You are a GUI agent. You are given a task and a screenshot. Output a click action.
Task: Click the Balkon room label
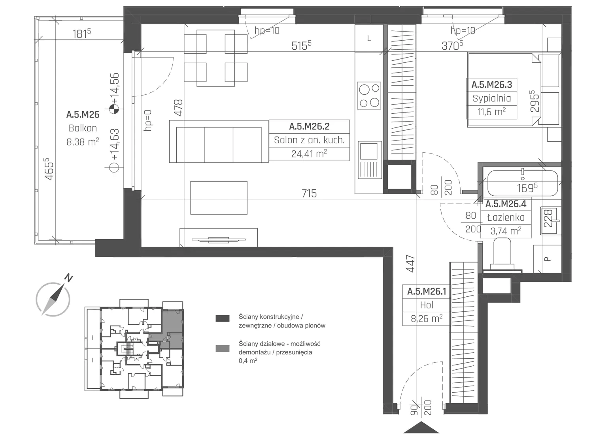[83, 128]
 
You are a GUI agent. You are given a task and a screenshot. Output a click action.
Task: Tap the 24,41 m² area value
[309, 154]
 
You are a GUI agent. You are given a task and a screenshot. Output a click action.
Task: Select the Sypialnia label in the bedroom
[492, 98]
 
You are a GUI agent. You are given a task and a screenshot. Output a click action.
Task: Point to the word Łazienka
[506, 217]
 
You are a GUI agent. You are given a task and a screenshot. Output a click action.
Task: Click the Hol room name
[427, 305]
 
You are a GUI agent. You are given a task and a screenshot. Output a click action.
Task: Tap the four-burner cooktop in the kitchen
[369, 95]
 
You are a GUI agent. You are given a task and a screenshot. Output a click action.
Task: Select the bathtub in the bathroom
[523, 183]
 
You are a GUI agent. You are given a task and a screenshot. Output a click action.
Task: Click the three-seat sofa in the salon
[219, 141]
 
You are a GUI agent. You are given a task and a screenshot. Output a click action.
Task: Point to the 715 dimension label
[309, 193]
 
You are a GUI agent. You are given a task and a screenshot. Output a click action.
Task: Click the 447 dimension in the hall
[410, 264]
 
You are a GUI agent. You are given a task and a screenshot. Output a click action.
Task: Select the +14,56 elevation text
[114, 88]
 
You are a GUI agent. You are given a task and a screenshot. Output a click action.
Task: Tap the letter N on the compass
[69, 278]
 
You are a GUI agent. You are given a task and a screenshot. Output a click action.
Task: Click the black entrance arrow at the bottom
[421, 427]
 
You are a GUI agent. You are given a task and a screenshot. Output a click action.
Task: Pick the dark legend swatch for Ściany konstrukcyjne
[223, 318]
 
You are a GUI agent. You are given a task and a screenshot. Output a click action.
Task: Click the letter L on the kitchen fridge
[369, 38]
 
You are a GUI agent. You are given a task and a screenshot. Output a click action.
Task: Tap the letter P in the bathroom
[547, 259]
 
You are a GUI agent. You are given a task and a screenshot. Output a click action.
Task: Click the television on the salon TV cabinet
[219, 240]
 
